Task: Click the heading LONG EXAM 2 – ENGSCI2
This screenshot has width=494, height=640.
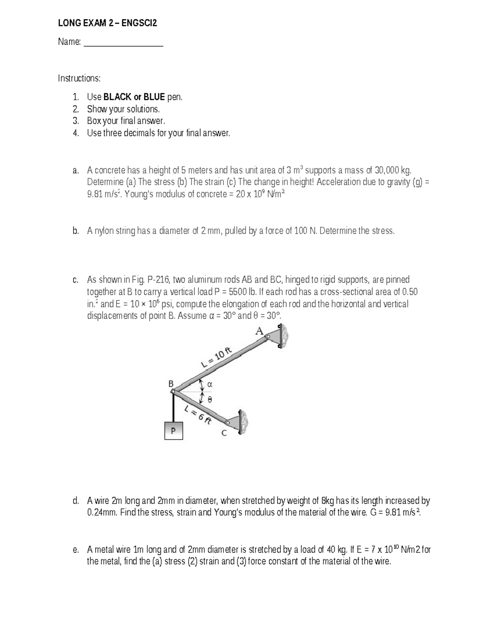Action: [107, 23]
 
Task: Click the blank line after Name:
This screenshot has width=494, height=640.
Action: [123, 42]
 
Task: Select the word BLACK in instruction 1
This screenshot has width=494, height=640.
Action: [117, 97]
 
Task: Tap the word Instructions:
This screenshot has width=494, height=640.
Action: [79, 78]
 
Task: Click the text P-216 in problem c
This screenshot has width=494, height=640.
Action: [158, 280]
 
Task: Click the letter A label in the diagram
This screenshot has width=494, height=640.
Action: [259, 331]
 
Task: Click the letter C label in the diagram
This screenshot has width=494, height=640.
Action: [224, 433]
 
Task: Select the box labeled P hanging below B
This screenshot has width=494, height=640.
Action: [173, 431]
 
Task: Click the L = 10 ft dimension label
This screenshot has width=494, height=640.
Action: [217, 357]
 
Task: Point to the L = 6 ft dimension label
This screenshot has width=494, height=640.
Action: [198, 414]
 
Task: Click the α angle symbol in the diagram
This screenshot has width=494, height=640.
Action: [209, 384]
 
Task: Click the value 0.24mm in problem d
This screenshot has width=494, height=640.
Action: [103, 513]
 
